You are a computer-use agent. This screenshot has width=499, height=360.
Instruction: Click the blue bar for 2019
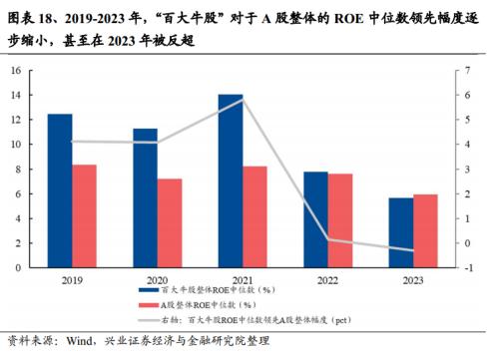[60, 189]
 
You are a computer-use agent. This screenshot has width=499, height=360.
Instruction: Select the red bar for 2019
[85, 215]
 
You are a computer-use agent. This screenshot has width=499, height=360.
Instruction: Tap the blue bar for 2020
[146, 197]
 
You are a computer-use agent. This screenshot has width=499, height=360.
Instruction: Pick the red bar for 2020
[171, 222]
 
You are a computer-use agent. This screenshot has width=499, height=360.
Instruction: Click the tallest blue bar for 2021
[231, 180]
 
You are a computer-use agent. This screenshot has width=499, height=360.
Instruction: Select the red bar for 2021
[255, 215]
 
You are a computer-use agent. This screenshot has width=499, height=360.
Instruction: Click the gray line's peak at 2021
[244, 99]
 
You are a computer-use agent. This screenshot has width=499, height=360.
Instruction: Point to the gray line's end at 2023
[413, 250]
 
